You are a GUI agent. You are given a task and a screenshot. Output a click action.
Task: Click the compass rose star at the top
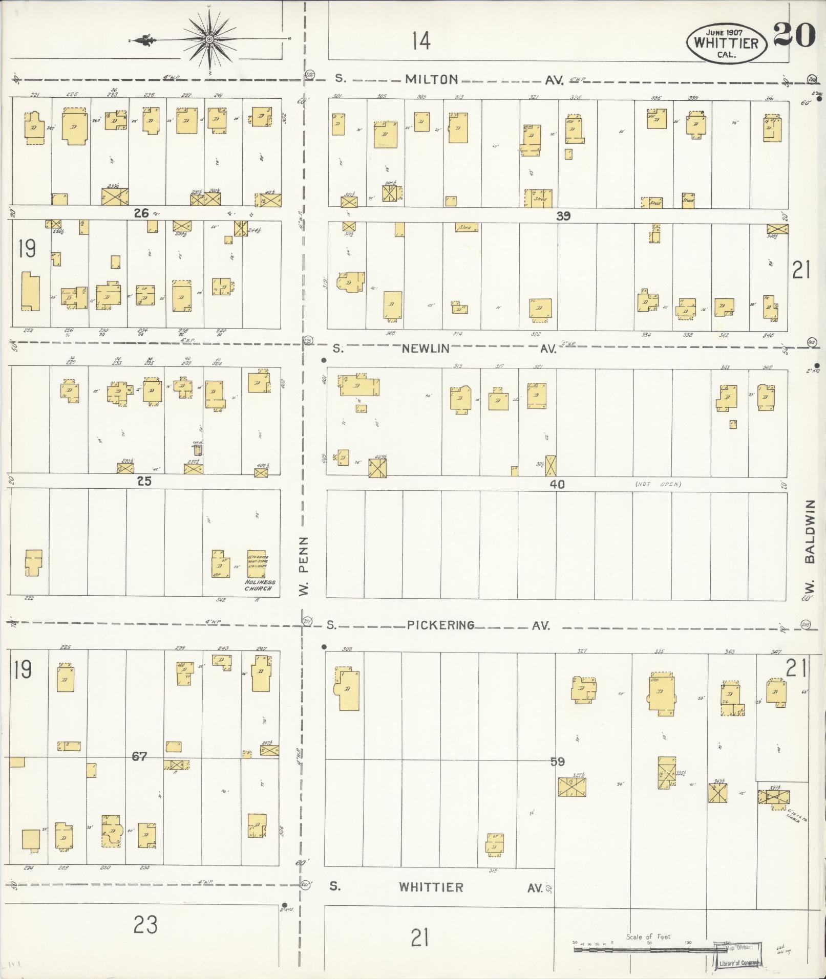[210, 39]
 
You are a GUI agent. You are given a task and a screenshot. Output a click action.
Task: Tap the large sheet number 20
[794, 35]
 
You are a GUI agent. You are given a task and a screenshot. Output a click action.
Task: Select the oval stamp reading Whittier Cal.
[727, 43]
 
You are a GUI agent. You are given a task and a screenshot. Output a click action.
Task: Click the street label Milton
[431, 79]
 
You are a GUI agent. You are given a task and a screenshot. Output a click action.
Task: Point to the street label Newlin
[426, 349]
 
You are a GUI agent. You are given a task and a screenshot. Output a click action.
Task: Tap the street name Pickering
[441, 625]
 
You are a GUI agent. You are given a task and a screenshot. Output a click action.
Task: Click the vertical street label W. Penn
[304, 565]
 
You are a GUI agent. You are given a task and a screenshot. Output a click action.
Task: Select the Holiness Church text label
[260, 585]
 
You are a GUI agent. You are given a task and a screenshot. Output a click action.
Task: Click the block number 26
[141, 213]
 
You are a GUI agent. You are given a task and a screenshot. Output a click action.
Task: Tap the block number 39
[563, 216]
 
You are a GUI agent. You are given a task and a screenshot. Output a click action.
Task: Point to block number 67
[139, 755]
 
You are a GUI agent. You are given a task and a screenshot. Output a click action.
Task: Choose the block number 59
[557, 762]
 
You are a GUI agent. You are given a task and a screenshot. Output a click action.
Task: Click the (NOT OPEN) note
[658, 484]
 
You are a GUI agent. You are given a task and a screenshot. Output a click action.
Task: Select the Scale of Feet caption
[648, 937]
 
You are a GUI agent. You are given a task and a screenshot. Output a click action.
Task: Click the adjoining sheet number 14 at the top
[421, 41]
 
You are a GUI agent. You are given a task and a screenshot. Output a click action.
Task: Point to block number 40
[557, 484]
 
